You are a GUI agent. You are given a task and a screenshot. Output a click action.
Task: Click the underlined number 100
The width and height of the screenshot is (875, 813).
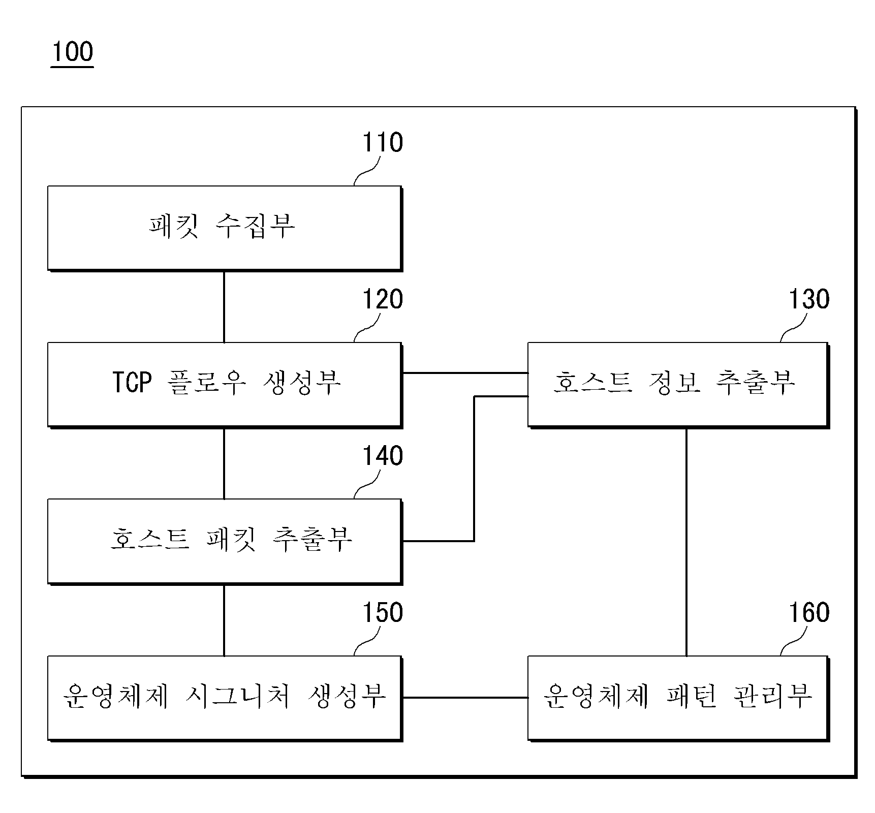tap(72, 52)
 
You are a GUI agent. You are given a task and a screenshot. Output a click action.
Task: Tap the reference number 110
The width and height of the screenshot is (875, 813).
tap(382, 142)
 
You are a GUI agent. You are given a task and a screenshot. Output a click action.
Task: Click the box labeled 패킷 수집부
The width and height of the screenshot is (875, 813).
tap(225, 228)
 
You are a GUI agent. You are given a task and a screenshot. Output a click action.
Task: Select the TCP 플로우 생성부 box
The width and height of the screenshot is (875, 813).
tap(225, 385)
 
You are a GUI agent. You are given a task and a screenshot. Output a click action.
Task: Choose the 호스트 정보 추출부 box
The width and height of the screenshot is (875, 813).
tap(678, 385)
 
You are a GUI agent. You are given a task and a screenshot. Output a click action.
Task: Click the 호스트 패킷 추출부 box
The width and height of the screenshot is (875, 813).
tap(225, 541)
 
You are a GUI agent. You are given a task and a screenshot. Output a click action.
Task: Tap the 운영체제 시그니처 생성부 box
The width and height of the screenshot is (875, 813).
tap(225, 698)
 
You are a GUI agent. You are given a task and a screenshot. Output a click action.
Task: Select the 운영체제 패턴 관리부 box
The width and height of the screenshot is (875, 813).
tap(678, 698)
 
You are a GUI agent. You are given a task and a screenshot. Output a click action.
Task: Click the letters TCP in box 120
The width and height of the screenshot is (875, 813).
tap(132, 383)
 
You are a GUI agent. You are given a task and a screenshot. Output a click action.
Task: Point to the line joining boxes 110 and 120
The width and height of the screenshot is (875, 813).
tap(224, 306)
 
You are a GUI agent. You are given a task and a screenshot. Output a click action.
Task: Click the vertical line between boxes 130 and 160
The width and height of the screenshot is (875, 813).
tap(686, 542)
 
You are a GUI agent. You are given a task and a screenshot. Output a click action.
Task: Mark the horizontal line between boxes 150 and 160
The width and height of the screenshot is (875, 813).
tap(465, 698)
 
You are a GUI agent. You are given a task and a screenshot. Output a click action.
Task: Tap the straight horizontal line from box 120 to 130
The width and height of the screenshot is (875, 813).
tap(465, 373)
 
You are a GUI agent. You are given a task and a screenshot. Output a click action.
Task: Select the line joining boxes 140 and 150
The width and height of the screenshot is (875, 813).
tap(224, 620)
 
